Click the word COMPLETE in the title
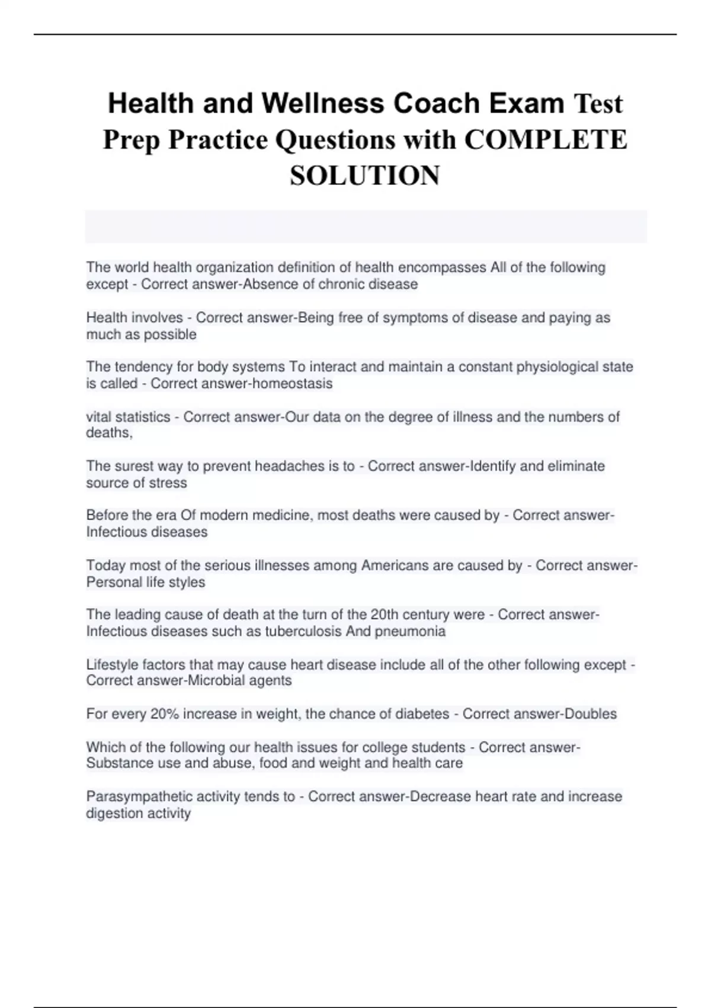click(x=546, y=140)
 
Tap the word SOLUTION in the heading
click(x=365, y=176)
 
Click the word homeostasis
click(x=287, y=384)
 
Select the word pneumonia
click(x=410, y=631)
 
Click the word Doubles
click(x=591, y=714)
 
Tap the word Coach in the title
click(x=437, y=104)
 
